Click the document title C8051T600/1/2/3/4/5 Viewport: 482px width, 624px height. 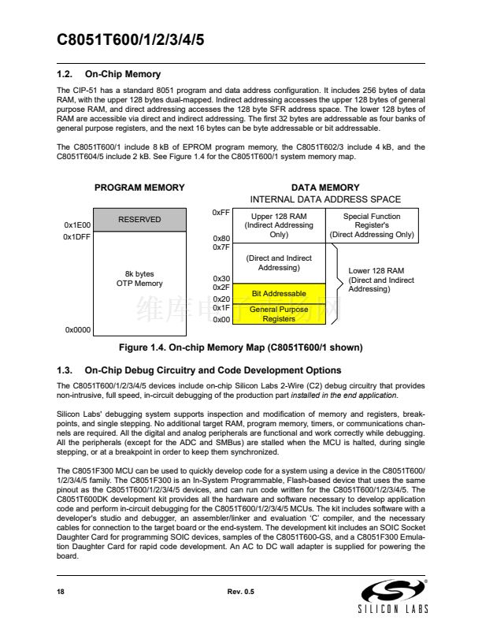131,40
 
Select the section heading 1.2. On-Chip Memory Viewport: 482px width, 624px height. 109,74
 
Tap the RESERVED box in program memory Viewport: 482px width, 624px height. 139,220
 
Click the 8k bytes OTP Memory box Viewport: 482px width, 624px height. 139,279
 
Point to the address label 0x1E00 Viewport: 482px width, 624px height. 76,225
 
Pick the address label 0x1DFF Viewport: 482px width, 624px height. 76,236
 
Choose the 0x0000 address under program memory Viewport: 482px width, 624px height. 77,330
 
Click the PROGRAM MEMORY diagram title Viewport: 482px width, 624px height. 139,188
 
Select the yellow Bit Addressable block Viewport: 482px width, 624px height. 278,294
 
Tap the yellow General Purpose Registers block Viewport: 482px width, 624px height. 278,314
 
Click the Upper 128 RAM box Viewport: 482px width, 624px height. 278,225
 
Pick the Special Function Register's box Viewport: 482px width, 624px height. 371,225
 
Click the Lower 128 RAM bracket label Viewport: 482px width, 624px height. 381,280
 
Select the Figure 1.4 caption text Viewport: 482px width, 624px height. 240,347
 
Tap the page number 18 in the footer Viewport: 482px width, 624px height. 61,591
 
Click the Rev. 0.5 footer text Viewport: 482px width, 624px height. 240,591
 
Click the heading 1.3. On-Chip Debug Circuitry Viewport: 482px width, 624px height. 199,370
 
